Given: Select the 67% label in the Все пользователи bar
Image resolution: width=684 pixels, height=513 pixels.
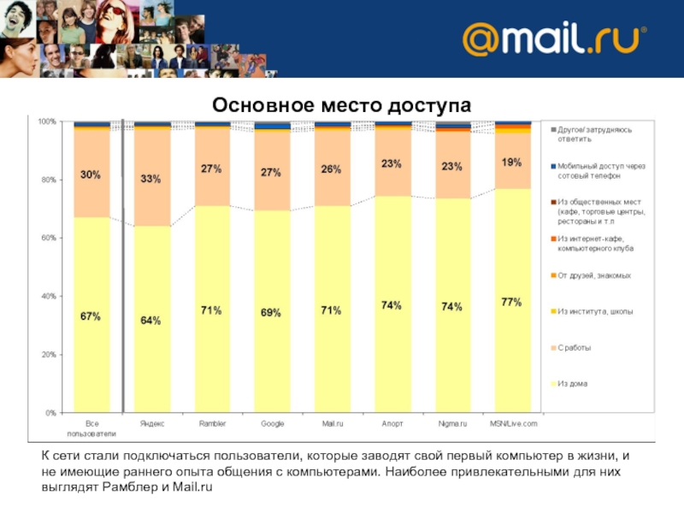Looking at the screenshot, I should pyautogui.click(x=91, y=316).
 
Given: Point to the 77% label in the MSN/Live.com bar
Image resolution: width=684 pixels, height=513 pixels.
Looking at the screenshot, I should pyautogui.click(x=512, y=302).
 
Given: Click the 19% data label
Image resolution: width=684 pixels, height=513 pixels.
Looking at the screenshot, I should pyautogui.click(x=512, y=162).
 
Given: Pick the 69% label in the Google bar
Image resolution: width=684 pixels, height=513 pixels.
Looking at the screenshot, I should pyautogui.click(x=271, y=313).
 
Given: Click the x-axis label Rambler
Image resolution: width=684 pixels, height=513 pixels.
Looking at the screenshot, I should pyautogui.click(x=212, y=424).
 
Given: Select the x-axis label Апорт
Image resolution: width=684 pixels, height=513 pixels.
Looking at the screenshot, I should pyautogui.click(x=392, y=424).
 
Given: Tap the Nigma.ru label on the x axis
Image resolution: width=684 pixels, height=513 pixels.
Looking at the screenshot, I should pyautogui.click(x=452, y=424).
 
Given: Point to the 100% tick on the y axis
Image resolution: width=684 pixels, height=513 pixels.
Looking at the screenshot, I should pyautogui.click(x=46, y=122).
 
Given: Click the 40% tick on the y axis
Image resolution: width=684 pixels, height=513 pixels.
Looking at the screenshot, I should pyautogui.click(x=48, y=297).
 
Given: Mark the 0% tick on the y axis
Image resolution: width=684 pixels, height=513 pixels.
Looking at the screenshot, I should pyautogui.click(x=51, y=413).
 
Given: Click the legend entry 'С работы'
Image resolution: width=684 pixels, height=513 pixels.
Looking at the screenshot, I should pyautogui.click(x=574, y=347).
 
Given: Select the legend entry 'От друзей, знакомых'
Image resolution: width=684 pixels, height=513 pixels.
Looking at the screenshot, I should pyautogui.click(x=593, y=275).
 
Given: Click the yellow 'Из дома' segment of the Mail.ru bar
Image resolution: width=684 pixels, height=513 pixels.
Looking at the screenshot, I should pyautogui.click(x=331, y=342).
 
